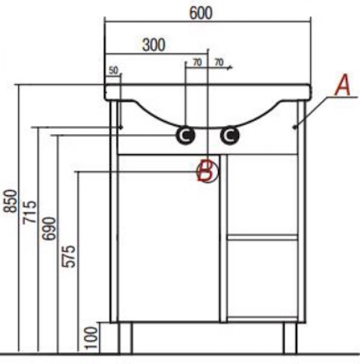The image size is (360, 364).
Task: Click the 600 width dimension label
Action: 201,13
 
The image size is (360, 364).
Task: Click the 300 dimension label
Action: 154,45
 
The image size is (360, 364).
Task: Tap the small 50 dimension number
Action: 114,71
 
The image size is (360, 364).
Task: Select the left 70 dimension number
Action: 197,63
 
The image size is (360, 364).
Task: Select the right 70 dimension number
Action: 219,63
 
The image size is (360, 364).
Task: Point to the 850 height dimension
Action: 10,201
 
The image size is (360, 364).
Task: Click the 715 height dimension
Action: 30,213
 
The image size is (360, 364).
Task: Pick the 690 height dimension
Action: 49,228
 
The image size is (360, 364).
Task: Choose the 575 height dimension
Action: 68,256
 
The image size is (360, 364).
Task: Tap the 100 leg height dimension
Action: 91,337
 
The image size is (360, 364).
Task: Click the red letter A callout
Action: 343,85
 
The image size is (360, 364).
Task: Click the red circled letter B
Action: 207,172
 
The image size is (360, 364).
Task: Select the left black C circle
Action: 185,136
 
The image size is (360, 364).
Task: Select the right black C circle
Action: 230,136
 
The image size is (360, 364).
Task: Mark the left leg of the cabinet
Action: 125,338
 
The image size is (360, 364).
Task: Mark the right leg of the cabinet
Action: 290,338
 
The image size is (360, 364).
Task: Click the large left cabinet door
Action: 168,238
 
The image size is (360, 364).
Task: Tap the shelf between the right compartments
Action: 263,237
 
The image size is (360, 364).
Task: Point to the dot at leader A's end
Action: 294,127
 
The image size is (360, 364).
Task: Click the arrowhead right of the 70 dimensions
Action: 230,68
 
